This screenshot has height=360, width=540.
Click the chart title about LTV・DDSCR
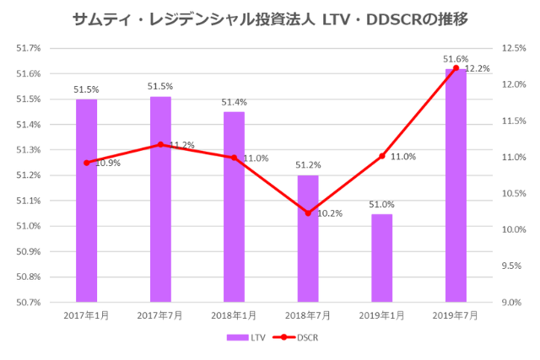pos(270,18)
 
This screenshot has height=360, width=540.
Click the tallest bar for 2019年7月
pos(456,185)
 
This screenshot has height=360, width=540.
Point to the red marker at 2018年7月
pos(308,213)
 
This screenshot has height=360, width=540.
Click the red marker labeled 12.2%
pos(456,68)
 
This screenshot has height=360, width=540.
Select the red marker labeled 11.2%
pos(160,145)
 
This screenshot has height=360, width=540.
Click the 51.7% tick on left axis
pos(29,49)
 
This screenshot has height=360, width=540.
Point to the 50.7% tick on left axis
pos(29,302)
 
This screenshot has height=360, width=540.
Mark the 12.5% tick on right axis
pos(513,49)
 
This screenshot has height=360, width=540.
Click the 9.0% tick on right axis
pos(513,302)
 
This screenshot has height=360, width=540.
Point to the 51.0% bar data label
pos(382,204)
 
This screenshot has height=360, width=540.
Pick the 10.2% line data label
pos(328,213)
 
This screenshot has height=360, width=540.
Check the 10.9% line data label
pos(107,163)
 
